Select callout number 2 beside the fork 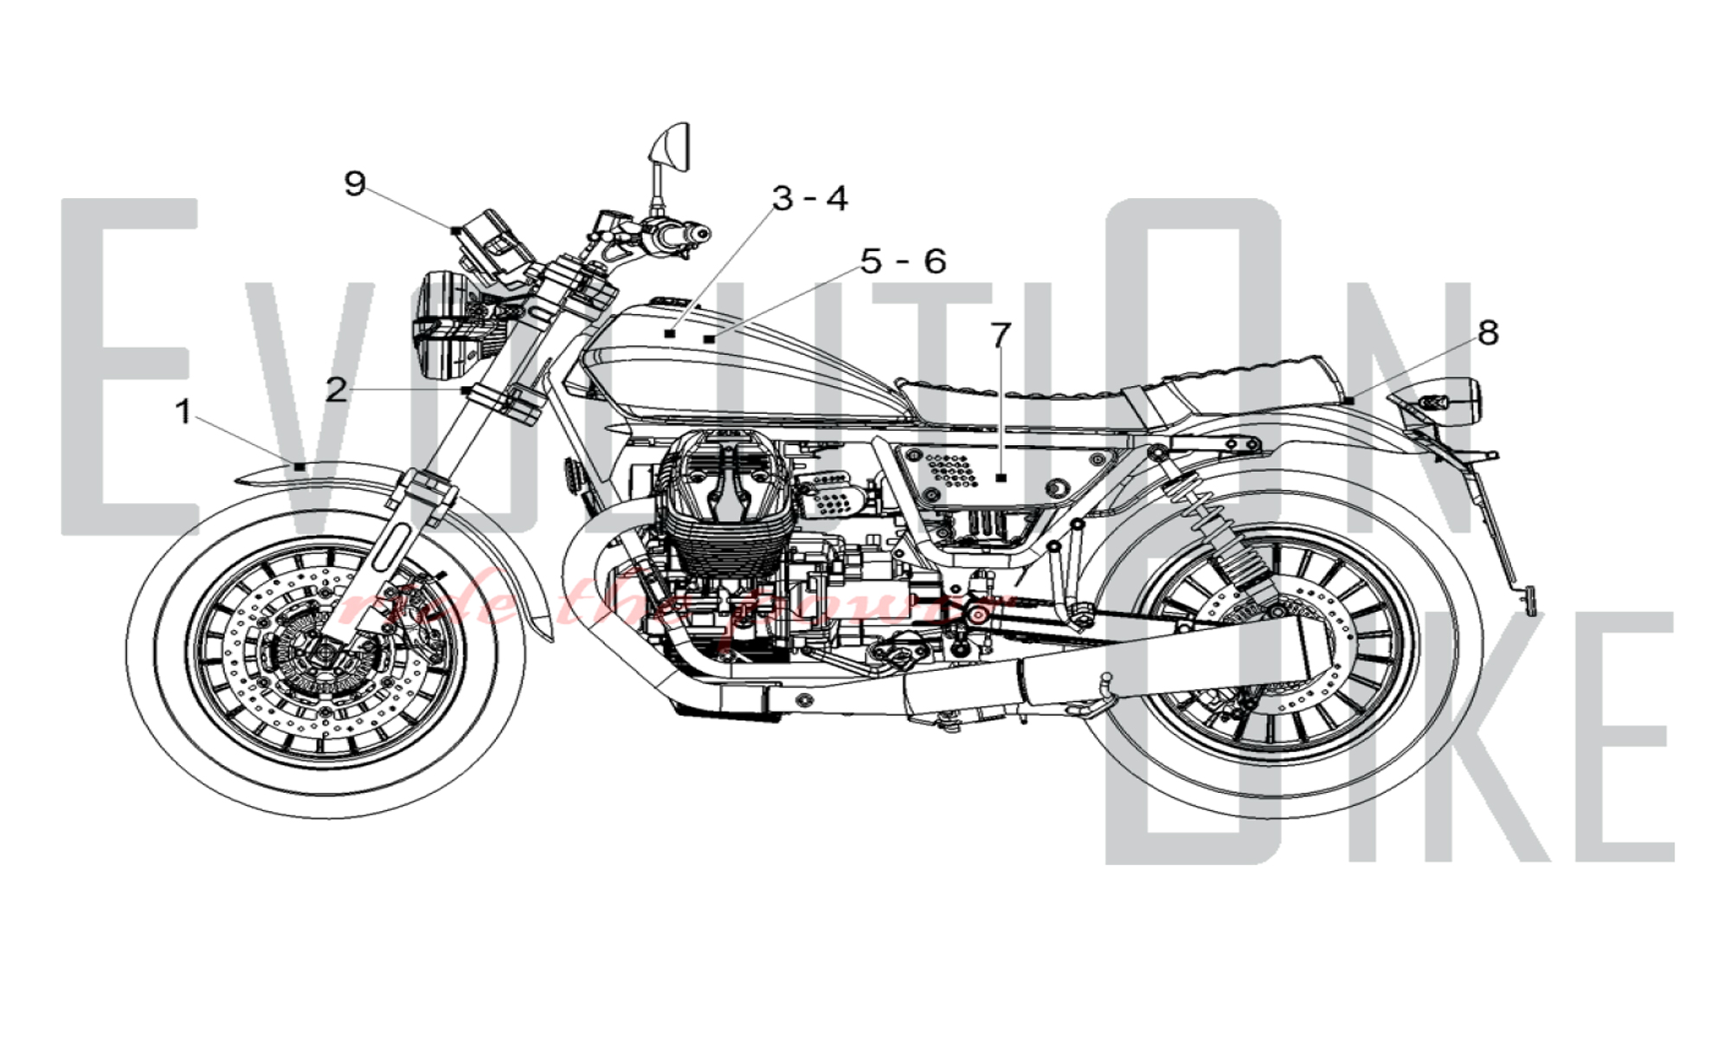tap(336, 390)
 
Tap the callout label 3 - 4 tap(810, 198)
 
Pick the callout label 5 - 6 tap(903, 261)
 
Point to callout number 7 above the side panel tap(1001, 334)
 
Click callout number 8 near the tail tap(1488, 332)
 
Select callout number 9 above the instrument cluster tap(355, 184)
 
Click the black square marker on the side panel tap(1001, 478)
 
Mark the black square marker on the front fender tap(299, 467)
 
